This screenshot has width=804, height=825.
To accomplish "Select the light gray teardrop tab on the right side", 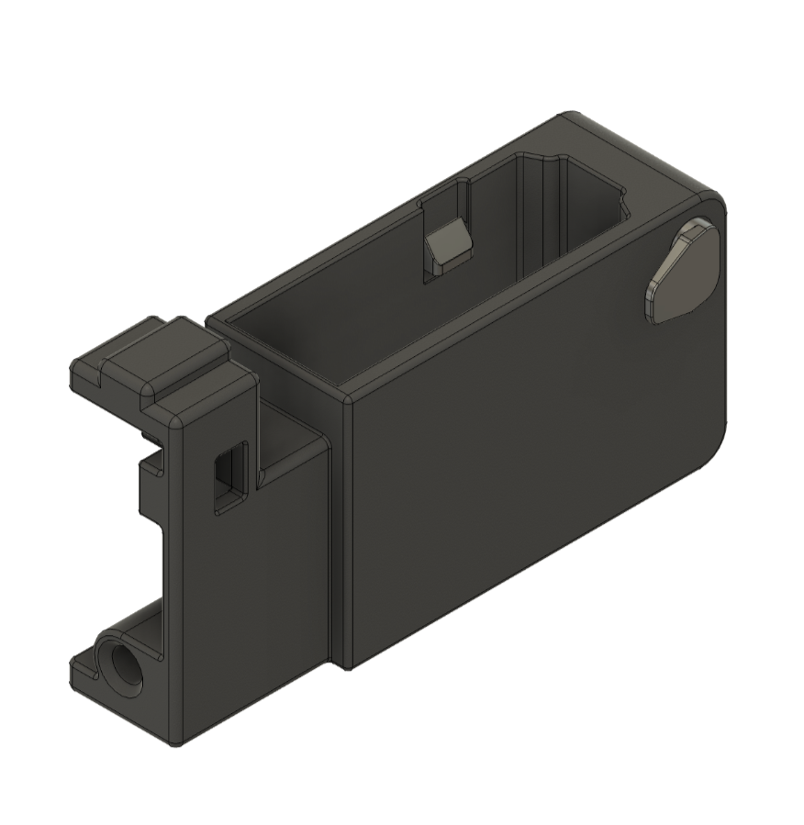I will [x=682, y=273].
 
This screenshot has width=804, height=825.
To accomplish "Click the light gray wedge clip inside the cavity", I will [x=447, y=243].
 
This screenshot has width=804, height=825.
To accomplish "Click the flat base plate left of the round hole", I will [x=87, y=670].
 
